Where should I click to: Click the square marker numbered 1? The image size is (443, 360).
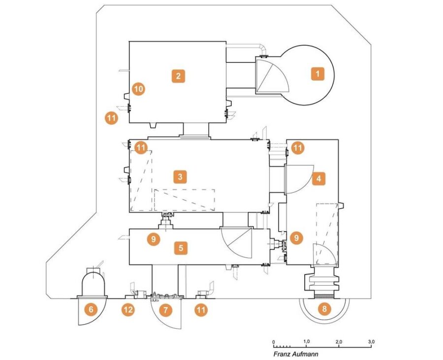pyautogui.click(x=317, y=74)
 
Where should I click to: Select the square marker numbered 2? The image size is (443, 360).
pyautogui.click(x=178, y=76)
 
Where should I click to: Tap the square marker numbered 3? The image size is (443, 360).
pyautogui.click(x=180, y=177)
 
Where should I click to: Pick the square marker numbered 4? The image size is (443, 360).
pyautogui.click(x=318, y=179)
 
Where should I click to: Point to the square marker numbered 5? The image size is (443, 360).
pyautogui.click(x=181, y=248)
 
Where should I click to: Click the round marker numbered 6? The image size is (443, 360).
pyautogui.click(x=91, y=309)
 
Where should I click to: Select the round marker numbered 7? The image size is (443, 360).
pyautogui.click(x=165, y=310)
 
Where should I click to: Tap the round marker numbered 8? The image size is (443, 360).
pyautogui.click(x=324, y=309)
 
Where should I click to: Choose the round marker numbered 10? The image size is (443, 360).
pyautogui.click(x=138, y=89)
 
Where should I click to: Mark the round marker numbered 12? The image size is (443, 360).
pyautogui.click(x=128, y=310)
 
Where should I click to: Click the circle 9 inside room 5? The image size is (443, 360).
pyautogui.click(x=154, y=239)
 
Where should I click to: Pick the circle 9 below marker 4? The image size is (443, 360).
pyautogui.click(x=296, y=238)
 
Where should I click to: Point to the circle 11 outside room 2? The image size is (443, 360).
pyautogui.click(x=111, y=118)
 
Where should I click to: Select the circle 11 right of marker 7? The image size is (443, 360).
pyautogui.click(x=201, y=310)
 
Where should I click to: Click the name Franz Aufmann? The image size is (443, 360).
pyautogui.click(x=295, y=354)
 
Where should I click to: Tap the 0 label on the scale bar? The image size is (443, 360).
pyautogui.click(x=274, y=342)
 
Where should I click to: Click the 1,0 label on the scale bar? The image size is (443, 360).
pyautogui.click(x=307, y=342)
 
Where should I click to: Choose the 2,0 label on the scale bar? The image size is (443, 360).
pyautogui.click(x=339, y=342)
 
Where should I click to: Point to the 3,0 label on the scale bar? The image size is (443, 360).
pyautogui.click(x=371, y=342)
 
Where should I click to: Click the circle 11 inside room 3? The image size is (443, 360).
pyautogui.click(x=141, y=148)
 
